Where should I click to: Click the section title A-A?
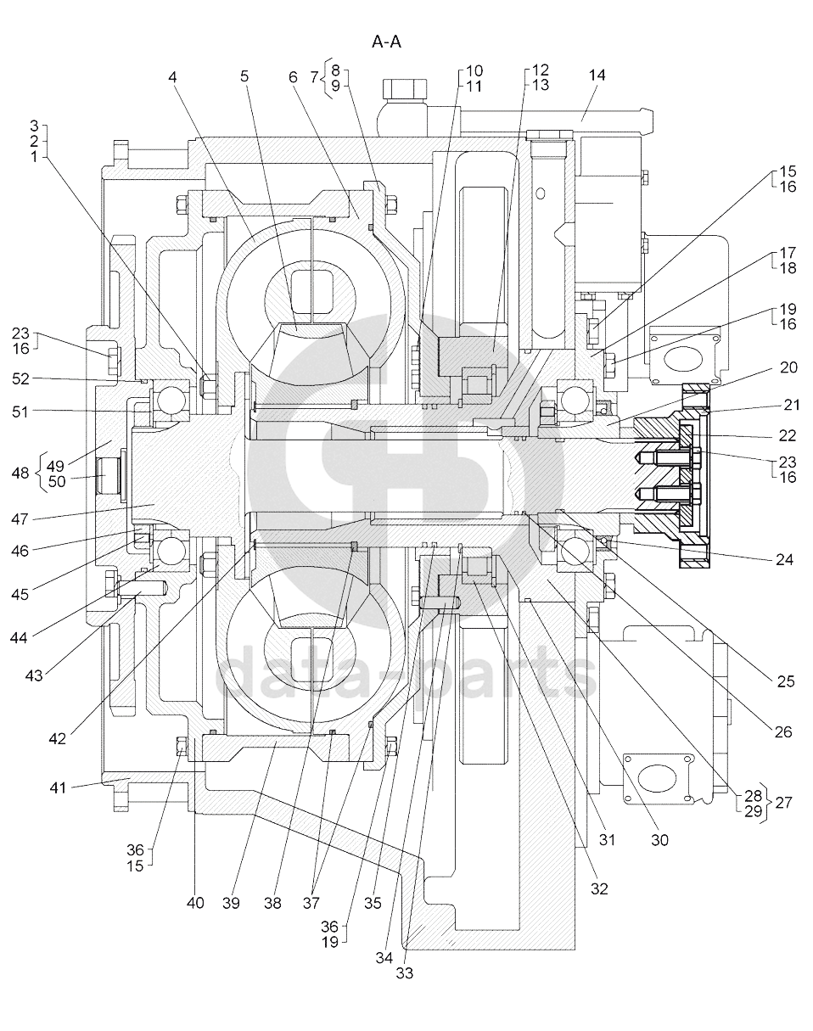click(385, 42)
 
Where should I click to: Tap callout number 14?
click(597, 76)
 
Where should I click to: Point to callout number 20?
click(788, 367)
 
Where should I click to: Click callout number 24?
click(784, 560)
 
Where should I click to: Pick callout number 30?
click(659, 840)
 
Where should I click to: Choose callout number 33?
click(405, 973)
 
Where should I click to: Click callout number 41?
click(58, 787)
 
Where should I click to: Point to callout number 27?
click(783, 802)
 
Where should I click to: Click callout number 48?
click(24, 473)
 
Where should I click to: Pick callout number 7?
click(315, 77)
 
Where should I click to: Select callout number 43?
click(34, 675)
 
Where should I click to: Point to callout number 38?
click(272, 904)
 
